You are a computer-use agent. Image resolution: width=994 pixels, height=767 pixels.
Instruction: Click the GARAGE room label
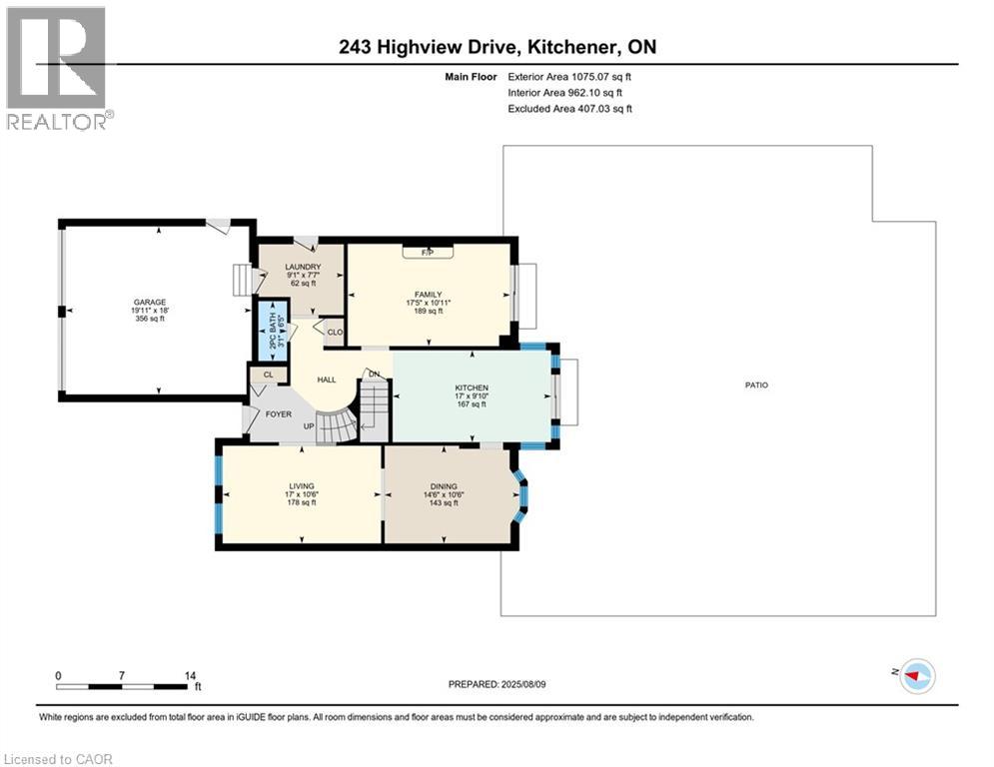click(x=151, y=302)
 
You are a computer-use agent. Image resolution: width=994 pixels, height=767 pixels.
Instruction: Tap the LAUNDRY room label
click(x=302, y=267)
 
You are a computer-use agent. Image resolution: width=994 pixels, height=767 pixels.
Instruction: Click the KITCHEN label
click(x=471, y=387)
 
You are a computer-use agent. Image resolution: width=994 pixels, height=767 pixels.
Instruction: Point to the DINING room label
click(x=443, y=486)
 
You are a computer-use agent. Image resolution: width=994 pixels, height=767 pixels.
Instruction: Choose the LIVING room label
click(x=301, y=486)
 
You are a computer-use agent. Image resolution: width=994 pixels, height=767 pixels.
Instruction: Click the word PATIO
click(x=756, y=384)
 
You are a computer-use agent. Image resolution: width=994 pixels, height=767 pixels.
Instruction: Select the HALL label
click(x=326, y=380)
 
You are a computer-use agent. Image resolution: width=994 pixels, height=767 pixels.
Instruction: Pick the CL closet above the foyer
click(x=268, y=375)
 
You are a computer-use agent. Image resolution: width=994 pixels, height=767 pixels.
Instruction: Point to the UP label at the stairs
click(x=309, y=425)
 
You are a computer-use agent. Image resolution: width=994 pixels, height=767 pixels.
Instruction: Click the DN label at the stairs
click(x=374, y=374)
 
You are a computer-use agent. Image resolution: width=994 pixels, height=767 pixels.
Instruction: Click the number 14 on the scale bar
click(x=190, y=675)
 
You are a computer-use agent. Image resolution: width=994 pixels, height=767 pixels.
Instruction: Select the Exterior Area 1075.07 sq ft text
click(x=569, y=75)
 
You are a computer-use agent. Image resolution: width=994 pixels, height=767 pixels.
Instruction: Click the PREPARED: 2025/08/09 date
click(x=499, y=684)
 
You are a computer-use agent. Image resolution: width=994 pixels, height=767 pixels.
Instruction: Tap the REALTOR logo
click(x=58, y=68)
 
